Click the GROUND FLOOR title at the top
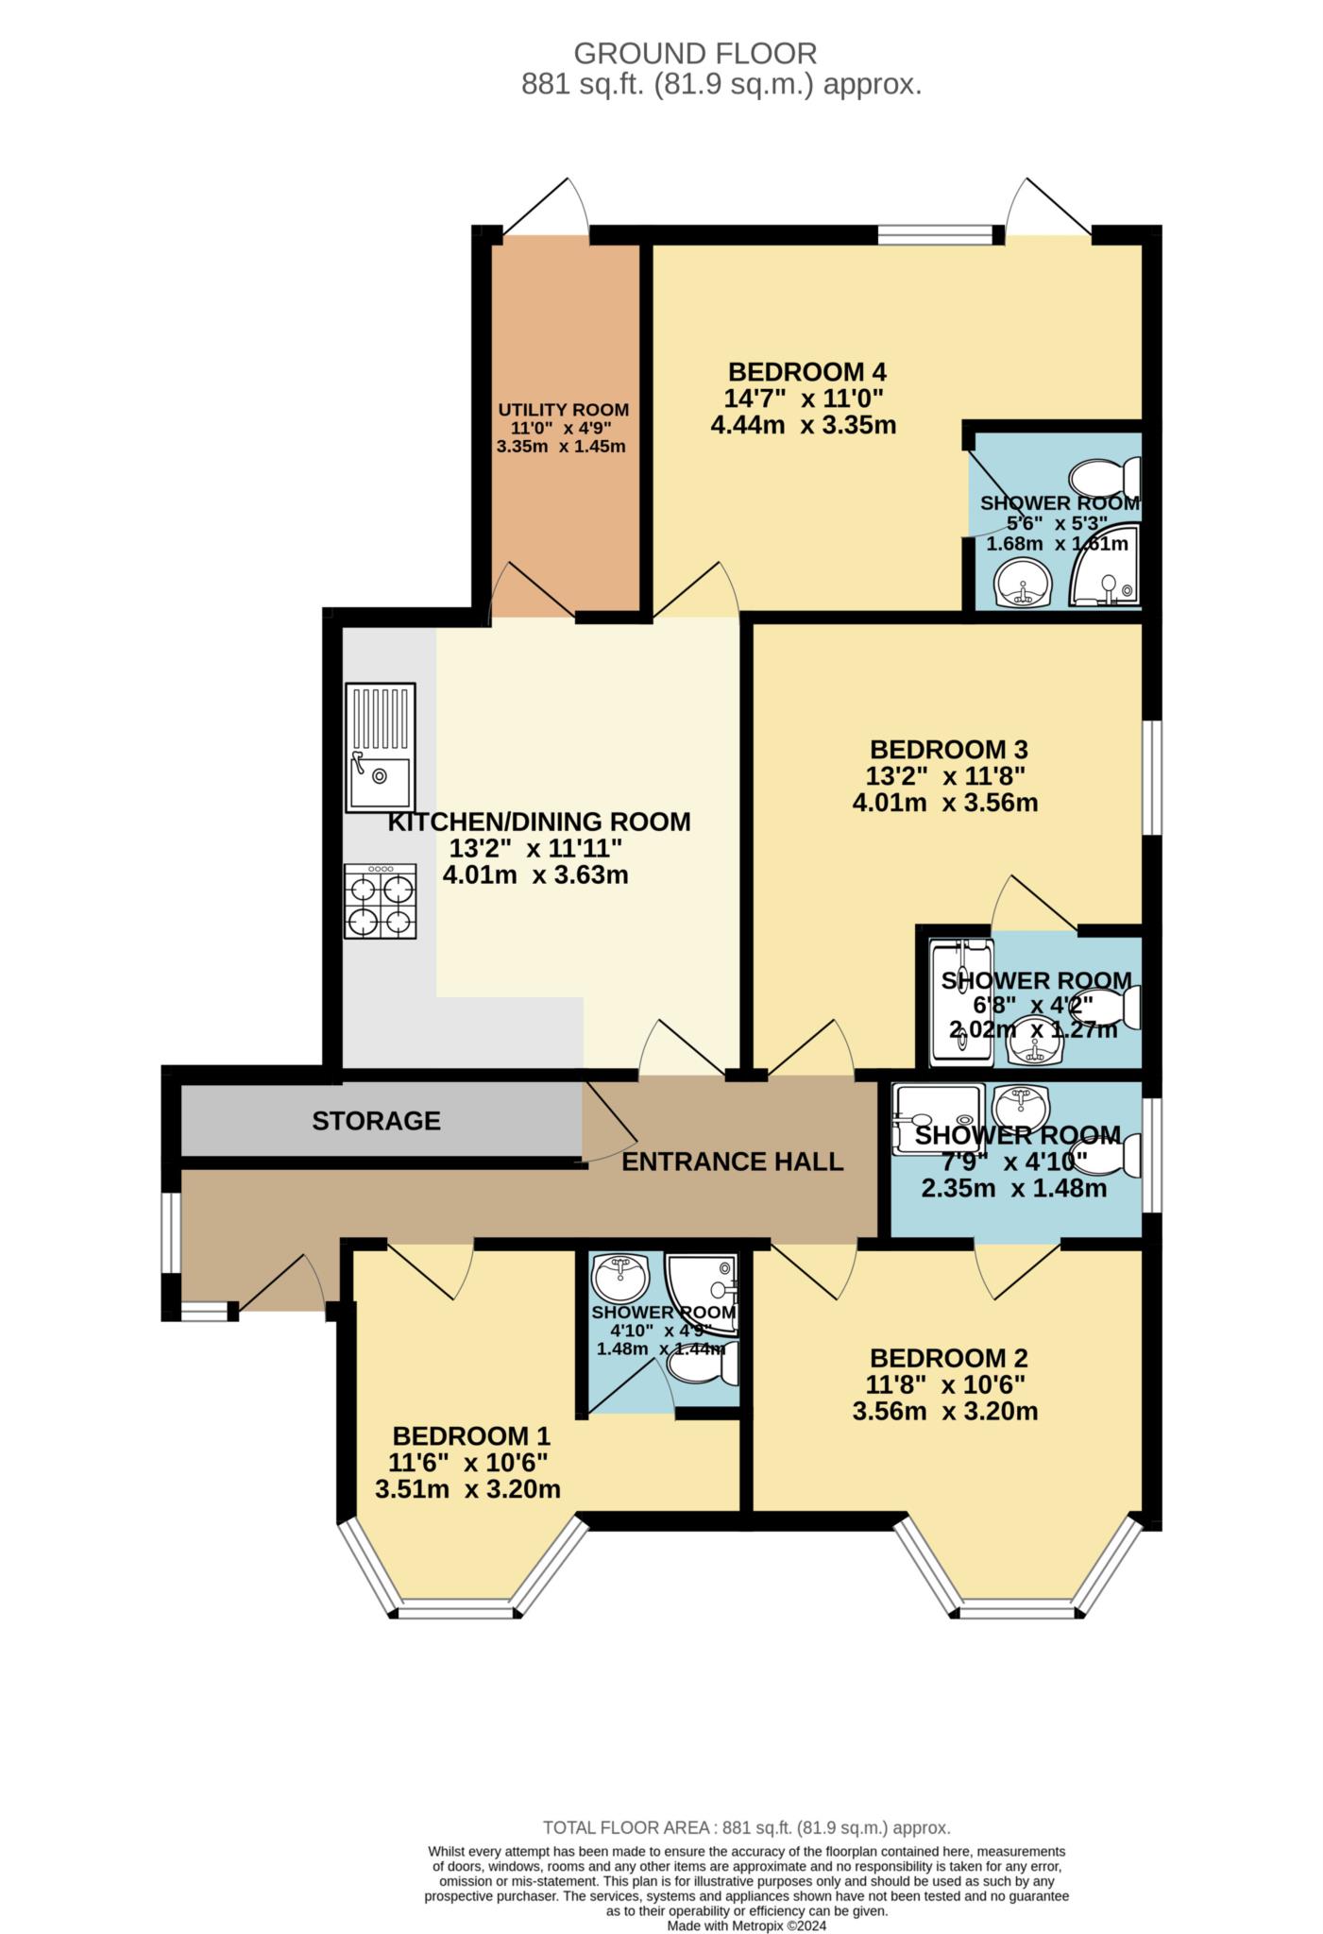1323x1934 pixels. click(x=695, y=53)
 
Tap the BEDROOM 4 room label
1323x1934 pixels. click(x=806, y=371)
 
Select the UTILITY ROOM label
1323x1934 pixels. click(x=563, y=410)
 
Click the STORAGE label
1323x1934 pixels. click(x=376, y=1121)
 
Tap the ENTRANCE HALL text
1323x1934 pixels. click(x=732, y=1162)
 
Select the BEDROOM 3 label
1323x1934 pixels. click(x=948, y=750)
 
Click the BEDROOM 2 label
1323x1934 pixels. click(x=948, y=1358)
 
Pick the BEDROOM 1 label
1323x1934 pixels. click(x=470, y=1436)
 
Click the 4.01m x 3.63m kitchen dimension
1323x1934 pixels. click(x=535, y=875)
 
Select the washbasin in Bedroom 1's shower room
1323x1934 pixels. click(x=620, y=1279)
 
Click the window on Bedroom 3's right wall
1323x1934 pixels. click(x=1152, y=778)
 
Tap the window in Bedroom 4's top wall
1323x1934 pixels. click(x=934, y=234)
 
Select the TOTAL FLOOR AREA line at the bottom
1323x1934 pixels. click(x=746, y=1828)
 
